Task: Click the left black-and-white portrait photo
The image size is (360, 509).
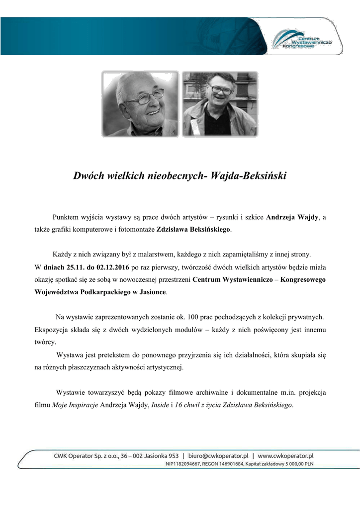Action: coord(141,104)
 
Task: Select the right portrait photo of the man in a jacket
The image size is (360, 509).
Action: coord(220,104)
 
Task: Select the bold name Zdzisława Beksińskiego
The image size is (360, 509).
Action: coord(194,230)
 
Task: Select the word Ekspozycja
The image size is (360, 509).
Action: coord(51,330)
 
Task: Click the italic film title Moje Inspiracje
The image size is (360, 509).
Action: coord(75,405)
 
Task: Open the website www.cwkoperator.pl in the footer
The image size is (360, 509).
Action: coord(285,455)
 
